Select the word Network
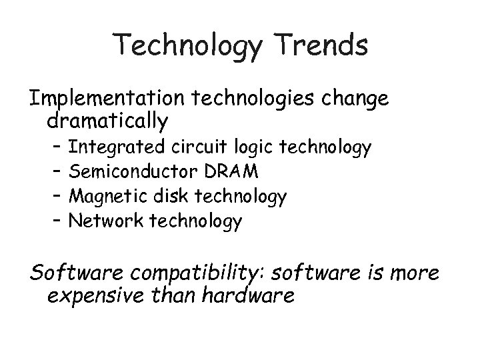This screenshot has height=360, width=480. (102, 221)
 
